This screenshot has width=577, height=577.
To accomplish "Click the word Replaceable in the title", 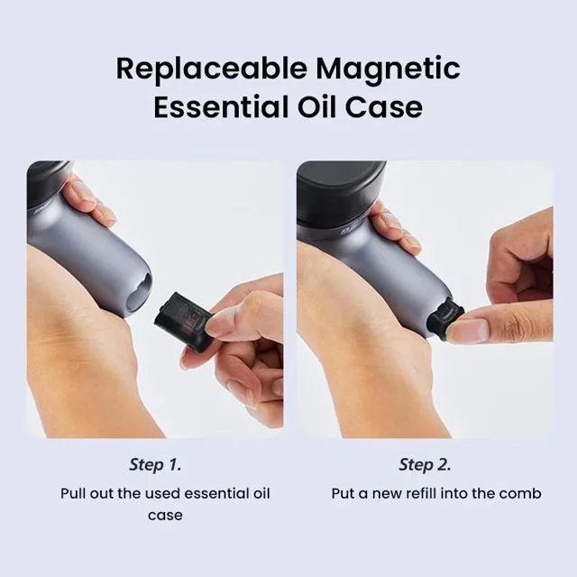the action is pos(212,69).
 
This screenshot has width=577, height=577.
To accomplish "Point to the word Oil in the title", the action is pos(316,107).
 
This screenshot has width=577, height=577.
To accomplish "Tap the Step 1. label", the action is pos(155,464).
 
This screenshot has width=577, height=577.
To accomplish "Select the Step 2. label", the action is pos(425,464).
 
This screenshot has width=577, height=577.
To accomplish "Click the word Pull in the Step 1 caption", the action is pos(73,493).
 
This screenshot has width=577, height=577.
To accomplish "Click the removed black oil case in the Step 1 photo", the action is pos(183,321).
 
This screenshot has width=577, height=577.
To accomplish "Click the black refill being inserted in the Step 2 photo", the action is pos(444,320).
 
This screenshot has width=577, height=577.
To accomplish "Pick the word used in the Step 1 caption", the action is pos(163,493).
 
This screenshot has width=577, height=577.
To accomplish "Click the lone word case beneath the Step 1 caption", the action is pos(165,515).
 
